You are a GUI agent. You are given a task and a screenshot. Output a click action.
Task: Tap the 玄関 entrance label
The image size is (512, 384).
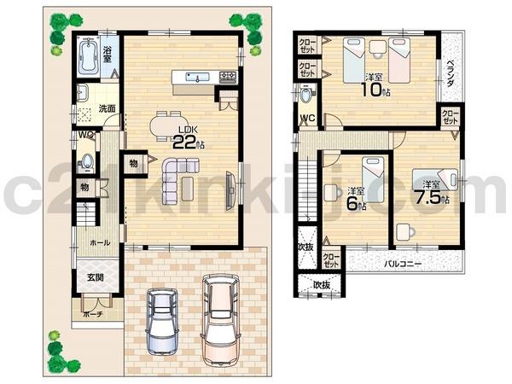click(95, 278)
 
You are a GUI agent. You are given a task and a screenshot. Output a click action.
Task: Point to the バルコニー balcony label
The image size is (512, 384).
click(401, 264)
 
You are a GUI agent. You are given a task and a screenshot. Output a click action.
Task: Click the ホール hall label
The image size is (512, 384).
click(98, 242)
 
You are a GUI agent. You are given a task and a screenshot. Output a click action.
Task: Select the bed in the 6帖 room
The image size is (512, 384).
click(370, 173)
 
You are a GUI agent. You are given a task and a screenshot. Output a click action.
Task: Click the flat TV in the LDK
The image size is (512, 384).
click(232, 189)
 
